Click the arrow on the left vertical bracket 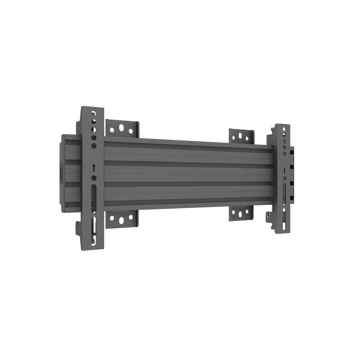(94, 167)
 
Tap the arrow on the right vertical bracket (285, 170)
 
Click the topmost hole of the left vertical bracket (94, 113)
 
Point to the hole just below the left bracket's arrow (94, 177)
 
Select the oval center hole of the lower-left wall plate (121, 220)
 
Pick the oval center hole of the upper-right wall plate (240, 136)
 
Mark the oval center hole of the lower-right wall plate (240, 214)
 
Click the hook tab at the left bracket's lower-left (78, 228)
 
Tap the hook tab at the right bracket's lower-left (269, 217)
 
